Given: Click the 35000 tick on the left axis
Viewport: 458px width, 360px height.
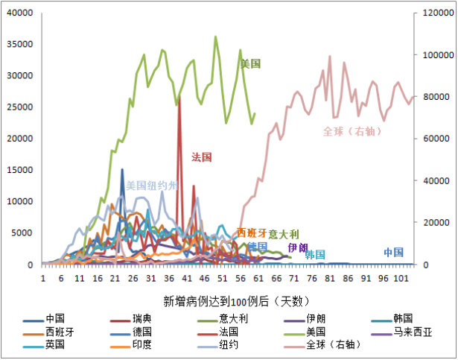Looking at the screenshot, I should point(22,44).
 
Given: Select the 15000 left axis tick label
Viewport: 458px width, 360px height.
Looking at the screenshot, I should point(22,170).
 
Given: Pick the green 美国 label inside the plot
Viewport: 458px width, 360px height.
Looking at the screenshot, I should point(250,64).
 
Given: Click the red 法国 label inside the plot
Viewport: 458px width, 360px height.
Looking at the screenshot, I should point(202,157).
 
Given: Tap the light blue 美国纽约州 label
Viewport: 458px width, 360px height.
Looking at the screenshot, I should point(153,185).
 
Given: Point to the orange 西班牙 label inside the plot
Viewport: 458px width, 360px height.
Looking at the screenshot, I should point(251,233).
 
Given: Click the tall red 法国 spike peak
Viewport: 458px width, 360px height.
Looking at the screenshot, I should point(179,95).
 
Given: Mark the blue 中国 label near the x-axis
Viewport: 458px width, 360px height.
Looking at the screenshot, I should point(394,252).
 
